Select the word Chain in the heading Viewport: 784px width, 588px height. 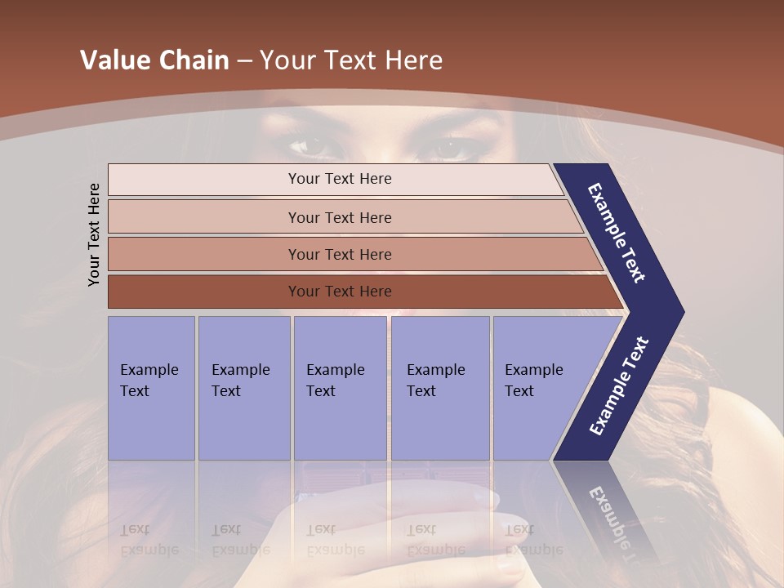(x=194, y=60)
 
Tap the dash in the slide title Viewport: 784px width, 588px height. (x=244, y=61)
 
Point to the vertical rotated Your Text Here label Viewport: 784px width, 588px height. (x=94, y=234)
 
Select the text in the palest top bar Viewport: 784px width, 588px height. (x=340, y=179)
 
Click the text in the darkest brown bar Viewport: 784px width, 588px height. (x=340, y=292)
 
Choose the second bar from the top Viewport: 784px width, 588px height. (x=340, y=217)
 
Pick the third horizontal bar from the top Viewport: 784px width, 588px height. (x=340, y=255)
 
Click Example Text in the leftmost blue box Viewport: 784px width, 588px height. (x=149, y=381)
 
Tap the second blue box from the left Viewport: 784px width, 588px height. (x=243, y=388)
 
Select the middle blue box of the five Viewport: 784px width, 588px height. (x=340, y=388)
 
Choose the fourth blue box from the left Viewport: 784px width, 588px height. (x=439, y=388)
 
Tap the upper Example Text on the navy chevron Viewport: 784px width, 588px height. (x=617, y=233)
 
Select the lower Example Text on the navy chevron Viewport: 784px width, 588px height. (x=619, y=386)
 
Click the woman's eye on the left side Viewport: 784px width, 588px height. (x=310, y=147)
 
